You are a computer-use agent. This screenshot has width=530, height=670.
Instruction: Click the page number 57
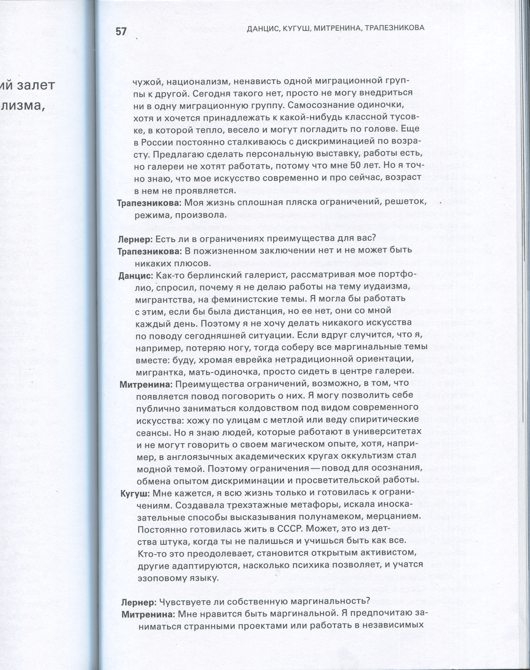(x=121, y=32)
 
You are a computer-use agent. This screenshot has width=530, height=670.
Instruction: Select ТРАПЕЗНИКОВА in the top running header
(x=394, y=28)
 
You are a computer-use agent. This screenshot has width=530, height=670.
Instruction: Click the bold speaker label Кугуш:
(x=135, y=493)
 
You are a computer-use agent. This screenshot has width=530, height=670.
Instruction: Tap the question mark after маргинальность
(x=368, y=601)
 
